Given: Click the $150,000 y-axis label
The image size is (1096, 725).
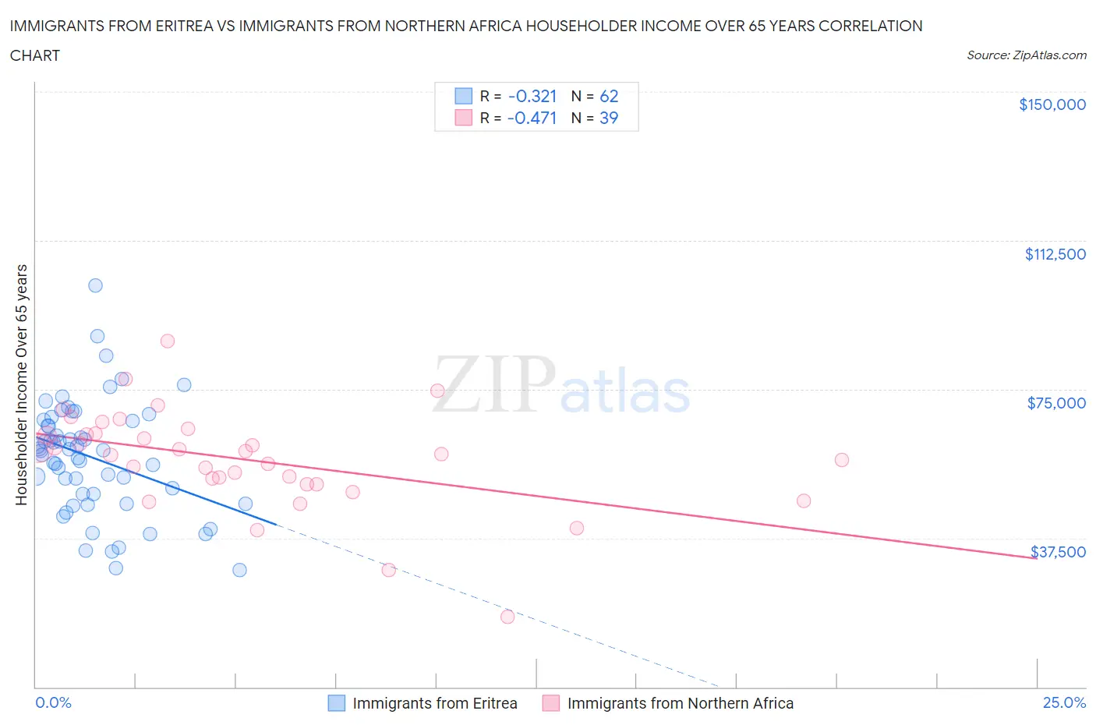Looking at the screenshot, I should click(1052, 104).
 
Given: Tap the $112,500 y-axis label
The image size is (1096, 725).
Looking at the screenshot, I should click(1055, 254).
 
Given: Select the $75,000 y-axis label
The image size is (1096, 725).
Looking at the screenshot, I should click(1056, 403).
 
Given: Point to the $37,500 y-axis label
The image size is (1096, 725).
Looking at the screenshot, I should click(1058, 552).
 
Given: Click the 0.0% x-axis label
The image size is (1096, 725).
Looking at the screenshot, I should click(53, 702).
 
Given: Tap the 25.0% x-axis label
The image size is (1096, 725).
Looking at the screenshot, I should click(1064, 702).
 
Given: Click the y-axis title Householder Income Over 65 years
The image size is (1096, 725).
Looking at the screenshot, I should click(22, 384).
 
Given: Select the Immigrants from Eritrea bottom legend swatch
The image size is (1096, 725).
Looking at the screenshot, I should click(336, 703).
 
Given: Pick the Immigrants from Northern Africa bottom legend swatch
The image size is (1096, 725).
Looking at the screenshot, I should click(551, 703).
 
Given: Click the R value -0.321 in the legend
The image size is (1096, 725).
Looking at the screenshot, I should click(532, 96).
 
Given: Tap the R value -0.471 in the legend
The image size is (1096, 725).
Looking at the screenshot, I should click(532, 118).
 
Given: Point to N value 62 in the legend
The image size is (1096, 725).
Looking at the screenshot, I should click(609, 96).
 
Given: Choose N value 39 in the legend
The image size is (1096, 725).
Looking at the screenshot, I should click(609, 118).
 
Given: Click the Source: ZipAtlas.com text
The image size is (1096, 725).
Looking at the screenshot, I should click(1026, 55).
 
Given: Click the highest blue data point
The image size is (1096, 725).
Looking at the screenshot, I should click(95, 285).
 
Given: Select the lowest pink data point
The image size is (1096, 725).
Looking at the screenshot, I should click(507, 617).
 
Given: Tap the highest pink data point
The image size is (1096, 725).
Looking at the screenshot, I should click(167, 341).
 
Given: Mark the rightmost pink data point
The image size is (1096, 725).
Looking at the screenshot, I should click(841, 460).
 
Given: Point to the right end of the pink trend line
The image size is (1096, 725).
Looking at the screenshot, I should click(1036, 558).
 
